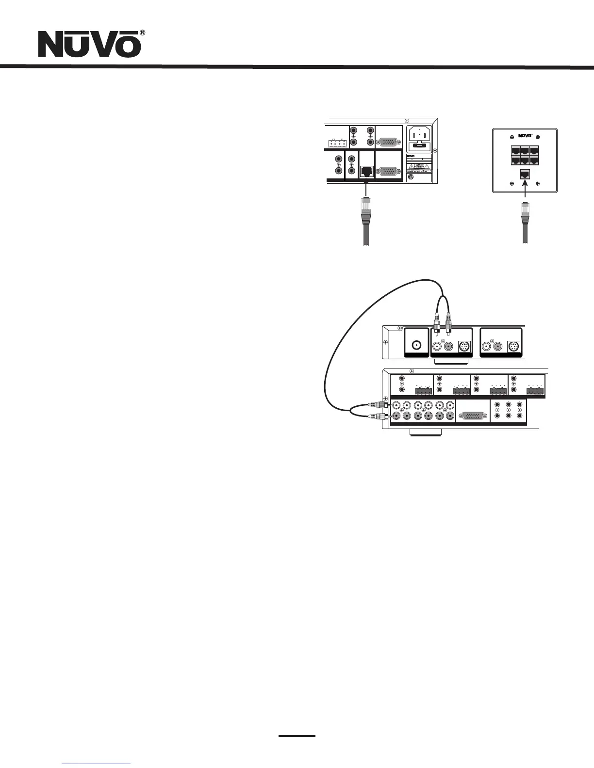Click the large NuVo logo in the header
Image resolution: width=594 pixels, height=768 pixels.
click(90, 45)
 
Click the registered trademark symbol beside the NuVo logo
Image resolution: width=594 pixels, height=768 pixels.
click(142, 32)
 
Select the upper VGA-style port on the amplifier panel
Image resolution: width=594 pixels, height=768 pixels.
click(389, 141)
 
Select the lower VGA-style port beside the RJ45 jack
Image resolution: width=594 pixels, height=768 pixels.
click(389, 171)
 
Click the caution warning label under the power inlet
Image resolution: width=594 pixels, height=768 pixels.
click(418, 167)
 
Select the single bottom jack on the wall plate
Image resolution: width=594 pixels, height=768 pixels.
click(525, 175)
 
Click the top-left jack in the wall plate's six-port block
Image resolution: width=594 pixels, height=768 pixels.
click(513, 150)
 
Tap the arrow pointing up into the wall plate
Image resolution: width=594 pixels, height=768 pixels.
click(525, 192)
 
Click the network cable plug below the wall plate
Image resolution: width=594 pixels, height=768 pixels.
click(525, 213)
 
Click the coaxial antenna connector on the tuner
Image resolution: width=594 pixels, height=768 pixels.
click(416, 346)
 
